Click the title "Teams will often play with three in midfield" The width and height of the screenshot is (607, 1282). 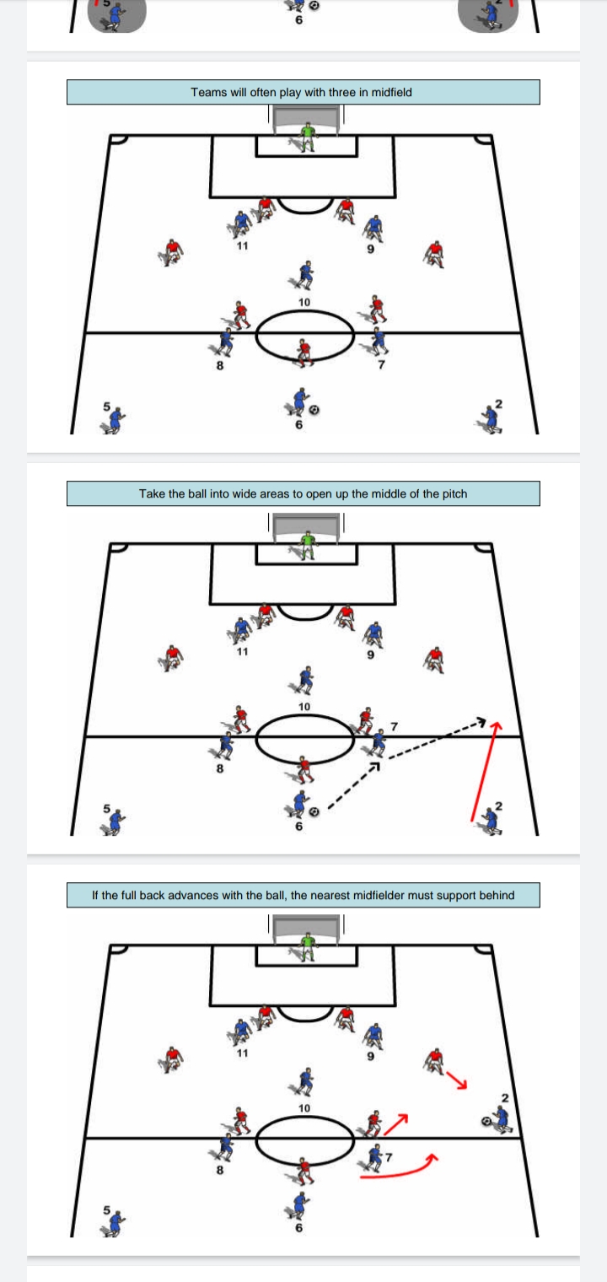pyautogui.click(x=302, y=92)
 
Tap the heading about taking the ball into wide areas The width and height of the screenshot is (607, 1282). pyautogui.click(x=302, y=493)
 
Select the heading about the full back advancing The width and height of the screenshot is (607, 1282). pyautogui.click(x=302, y=895)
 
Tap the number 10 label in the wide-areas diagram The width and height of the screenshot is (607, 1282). pyautogui.click(x=303, y=705)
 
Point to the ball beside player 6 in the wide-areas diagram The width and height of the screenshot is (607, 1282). pyautogui.click(x=314, y=811)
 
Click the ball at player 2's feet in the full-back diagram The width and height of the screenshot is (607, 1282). pyautogui.click(x=486, y=1121)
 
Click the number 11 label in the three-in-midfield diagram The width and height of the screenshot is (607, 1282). pyautogui.click(x=242, y=247)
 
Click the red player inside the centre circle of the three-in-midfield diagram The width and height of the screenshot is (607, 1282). pyautogui.click(x=304, y=352)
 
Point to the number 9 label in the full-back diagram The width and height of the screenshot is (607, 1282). pyautogui.click(x=369, y=1054)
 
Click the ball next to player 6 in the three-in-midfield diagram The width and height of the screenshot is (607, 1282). pyautogui.click(x=314, y=410)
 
